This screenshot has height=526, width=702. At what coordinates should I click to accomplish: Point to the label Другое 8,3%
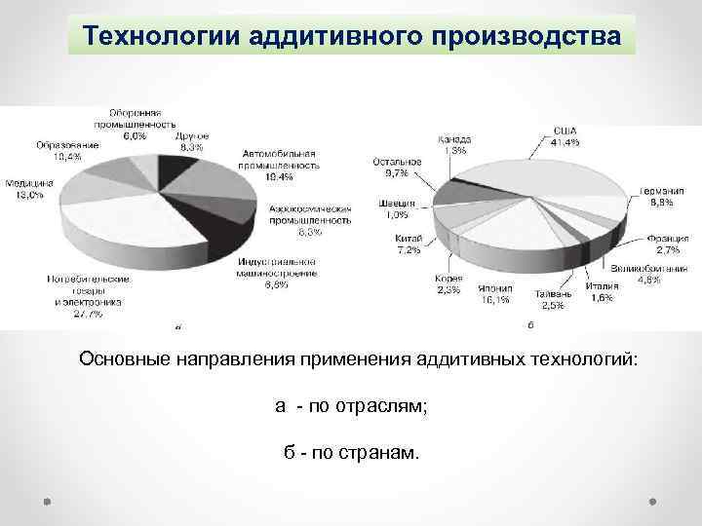pyautogui.click(x=191, y=142)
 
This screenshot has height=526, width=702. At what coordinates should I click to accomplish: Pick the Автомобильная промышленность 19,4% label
pyautogui.click(x=279, y=166)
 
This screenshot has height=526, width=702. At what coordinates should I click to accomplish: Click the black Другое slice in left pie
pyautogui.click(x=175, y=172)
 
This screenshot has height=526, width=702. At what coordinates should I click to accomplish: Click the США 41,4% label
pyautogui.click(x=565, y=136)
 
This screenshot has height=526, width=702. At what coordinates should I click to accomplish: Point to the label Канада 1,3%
pyautogui.click(x=454, y=145)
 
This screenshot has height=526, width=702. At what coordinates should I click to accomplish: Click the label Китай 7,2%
pyautogui.click(x=409, y=244)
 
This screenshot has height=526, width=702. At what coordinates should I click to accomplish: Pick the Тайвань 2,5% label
pyautogui.click(x=552, y=299)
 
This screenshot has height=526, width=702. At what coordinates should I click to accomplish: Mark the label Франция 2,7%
pyautogui.click(x=667, y=244)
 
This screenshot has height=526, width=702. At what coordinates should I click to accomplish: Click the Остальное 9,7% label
pyautogui.click(x=398, y=167)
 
